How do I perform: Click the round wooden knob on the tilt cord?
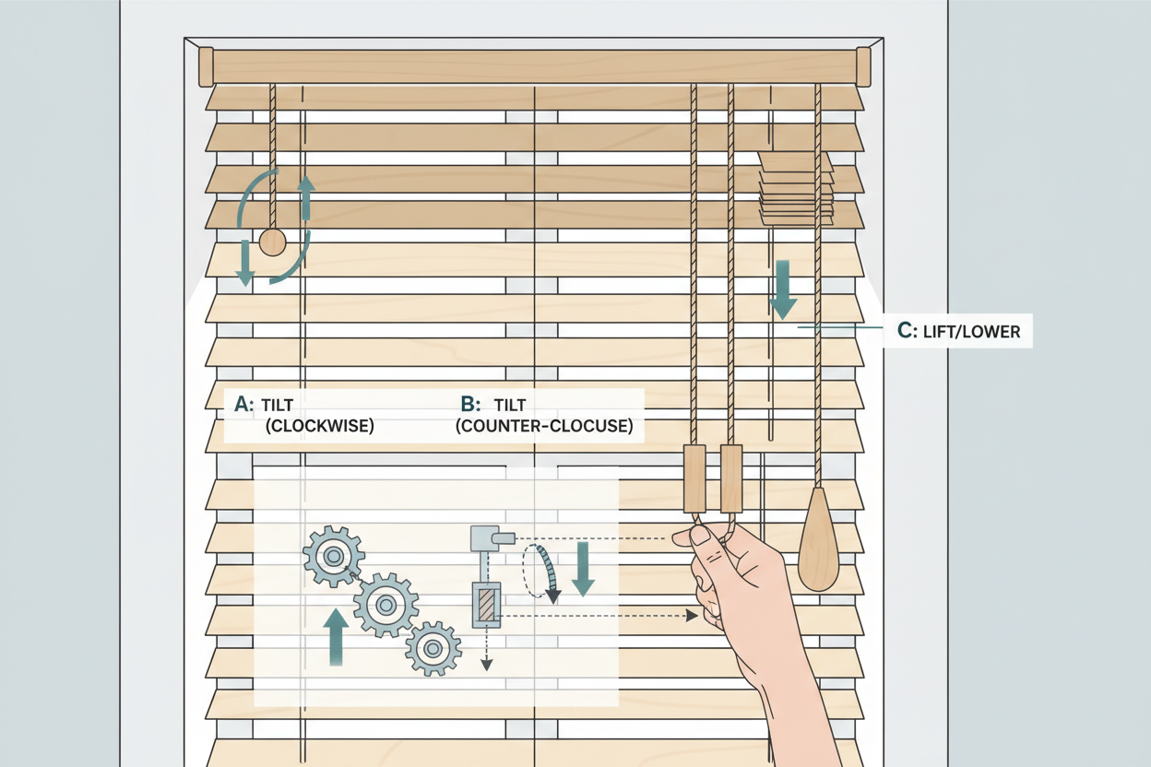272,242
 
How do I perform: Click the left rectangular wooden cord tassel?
694,478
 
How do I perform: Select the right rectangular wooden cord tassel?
730,478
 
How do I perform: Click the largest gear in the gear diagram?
386,605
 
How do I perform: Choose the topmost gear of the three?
333,557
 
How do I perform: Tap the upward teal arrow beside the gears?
338,636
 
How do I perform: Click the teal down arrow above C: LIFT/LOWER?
783,289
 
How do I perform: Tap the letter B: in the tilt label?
470,404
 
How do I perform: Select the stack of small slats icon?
796,188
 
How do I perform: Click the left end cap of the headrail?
207,66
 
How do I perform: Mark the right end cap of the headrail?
863,66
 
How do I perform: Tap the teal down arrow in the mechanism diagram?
583,569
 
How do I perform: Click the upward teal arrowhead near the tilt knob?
306,185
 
